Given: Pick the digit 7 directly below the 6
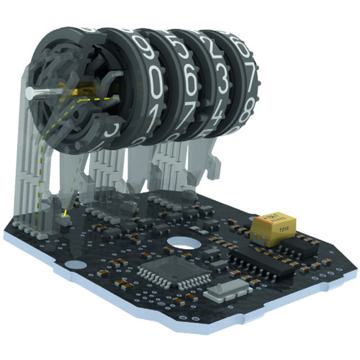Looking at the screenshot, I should pos(185,115).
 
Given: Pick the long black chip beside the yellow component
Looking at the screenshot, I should pos(264,265).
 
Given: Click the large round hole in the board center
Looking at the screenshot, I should pos(184,244).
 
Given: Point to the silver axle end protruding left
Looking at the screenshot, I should pos(32,93).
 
